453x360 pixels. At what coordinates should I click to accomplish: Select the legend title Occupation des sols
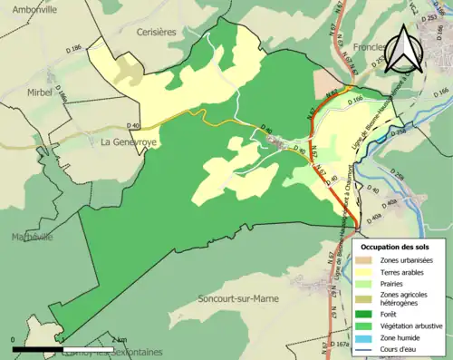click(396, 247)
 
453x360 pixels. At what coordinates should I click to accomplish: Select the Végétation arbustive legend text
click(415, 326)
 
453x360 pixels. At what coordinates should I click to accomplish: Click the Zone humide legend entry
click(405, 338)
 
